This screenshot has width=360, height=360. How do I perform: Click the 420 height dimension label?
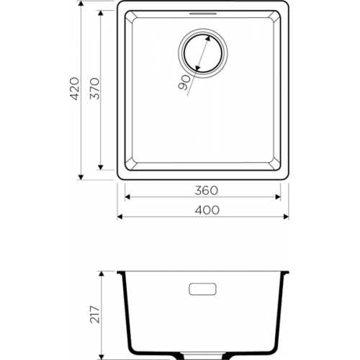pyautogui.click(x=74, y=89)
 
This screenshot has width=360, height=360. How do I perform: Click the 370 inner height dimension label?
pyautogui.click(x=94, y=89)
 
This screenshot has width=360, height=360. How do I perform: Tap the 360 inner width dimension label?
pyautogui.click(x=206, y=191)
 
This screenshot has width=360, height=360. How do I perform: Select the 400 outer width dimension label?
pyautogui.click(x=207, y=210)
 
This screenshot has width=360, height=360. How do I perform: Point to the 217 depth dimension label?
pyautogui.click(x=94, y=315)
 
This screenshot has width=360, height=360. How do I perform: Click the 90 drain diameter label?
pyautogui.click(x=184, y=83)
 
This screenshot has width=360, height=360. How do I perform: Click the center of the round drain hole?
pyautogui.click(x=203, y=53)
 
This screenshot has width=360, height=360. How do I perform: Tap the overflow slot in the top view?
pyautogui.click(x=203, y=14)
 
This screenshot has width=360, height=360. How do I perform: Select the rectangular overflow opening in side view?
pyautogui.click(x=202, y=289)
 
